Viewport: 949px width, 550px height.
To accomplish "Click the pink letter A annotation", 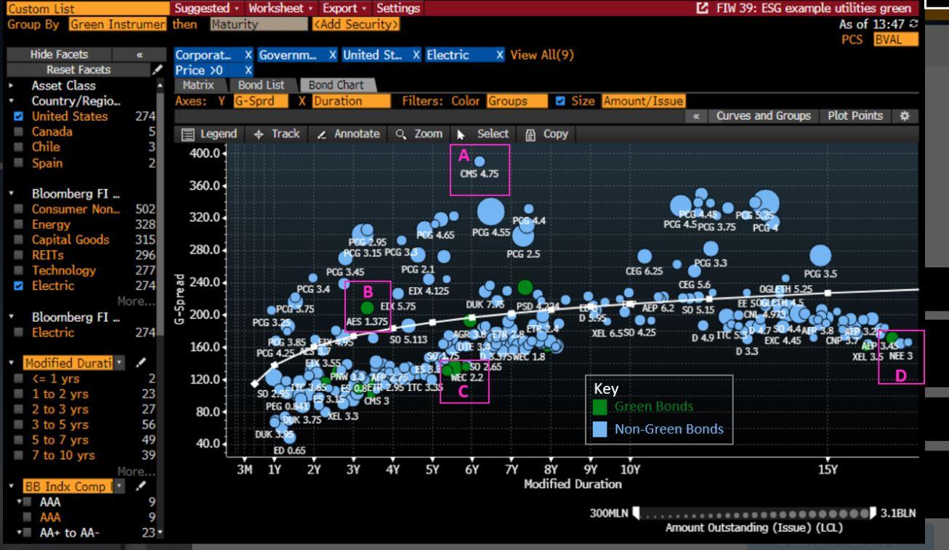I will [x=462, y=155].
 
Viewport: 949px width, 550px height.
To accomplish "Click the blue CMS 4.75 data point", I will [x=480, y=161].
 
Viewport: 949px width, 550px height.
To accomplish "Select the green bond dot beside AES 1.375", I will [x=367, y=308].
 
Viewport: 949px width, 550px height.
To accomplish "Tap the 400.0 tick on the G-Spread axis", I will [x=205, y=153].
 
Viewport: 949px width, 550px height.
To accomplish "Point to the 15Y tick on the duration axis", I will [x=828, y=469].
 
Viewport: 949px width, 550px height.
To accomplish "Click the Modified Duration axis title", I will [x=573, y=484].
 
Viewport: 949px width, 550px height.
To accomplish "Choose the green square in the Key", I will [x=600, y=407].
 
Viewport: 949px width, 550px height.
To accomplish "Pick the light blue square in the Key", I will [x=600, y=429].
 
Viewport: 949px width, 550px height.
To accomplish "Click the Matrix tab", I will [x=198, y=85].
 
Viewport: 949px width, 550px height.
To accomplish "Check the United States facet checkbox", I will [x=19, y=116].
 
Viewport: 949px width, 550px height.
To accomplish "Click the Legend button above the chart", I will [x=209, y=134].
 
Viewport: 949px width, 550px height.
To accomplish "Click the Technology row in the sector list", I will [x=63, y=270].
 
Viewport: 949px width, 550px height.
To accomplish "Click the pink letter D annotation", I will [x=900, y=375].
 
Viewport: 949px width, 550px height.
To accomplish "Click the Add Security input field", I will [x=355, y=24].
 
